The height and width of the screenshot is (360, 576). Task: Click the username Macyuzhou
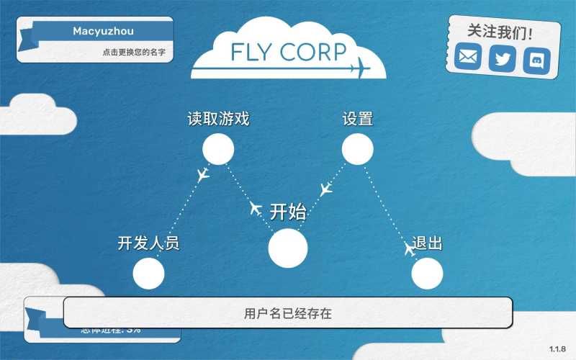(x=103, y=31)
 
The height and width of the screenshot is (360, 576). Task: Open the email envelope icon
(x=468, y=58)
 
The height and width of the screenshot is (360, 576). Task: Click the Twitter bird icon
(x=503, y=58)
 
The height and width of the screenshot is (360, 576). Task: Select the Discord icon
(x=537, y=58)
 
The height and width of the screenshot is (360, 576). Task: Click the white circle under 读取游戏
(x=218, y=149)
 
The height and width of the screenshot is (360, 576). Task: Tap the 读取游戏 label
(x=218, y=119)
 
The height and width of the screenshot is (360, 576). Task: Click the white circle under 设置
(x=357, y=149)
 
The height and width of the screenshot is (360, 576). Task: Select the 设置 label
(x=357, y=119)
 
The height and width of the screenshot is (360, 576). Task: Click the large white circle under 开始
(x=288, y=248)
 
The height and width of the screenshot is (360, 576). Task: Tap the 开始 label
(x=288, y=212)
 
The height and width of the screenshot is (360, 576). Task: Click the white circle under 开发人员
(x=149, y=274)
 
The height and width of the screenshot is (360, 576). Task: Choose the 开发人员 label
(x=148, y=243)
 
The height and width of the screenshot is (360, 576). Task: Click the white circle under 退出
(x=427, y=274)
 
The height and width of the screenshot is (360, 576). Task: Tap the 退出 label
(x=427, y=243)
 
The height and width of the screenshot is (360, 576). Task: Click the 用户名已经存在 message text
(x=288, y=313)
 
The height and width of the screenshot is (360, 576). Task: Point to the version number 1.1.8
(x=557, y=348)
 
